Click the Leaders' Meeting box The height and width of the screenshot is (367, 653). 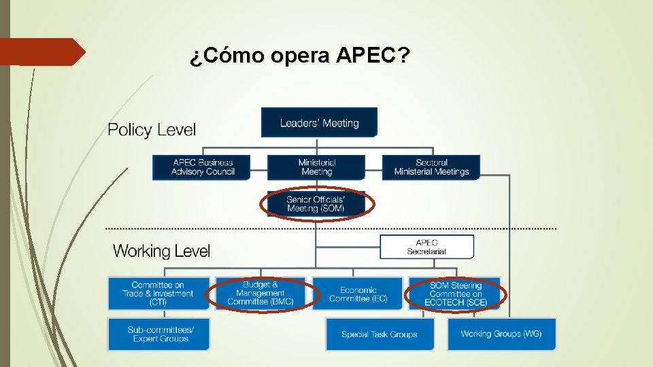[319, 123]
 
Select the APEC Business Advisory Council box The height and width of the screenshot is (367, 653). [202, 167]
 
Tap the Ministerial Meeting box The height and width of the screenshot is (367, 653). [316, 167]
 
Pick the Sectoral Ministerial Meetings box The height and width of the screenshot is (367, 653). [431, 167]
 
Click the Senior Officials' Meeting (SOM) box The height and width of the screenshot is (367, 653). [316, 204]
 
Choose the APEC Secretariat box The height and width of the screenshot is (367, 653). [426, 247]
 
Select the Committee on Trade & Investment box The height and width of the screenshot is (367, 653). [158, 294]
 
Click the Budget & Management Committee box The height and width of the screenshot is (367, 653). [262, 294]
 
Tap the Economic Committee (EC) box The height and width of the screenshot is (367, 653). [358, 294]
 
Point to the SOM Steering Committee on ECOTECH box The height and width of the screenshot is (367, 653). [455, 294]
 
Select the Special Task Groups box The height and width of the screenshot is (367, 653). [379, 334]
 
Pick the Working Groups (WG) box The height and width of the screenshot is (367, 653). [501, 334]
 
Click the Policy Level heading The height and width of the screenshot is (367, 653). [152, 130]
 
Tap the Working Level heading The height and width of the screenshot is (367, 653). [161, 251]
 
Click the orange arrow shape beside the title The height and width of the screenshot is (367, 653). [41, 52]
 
